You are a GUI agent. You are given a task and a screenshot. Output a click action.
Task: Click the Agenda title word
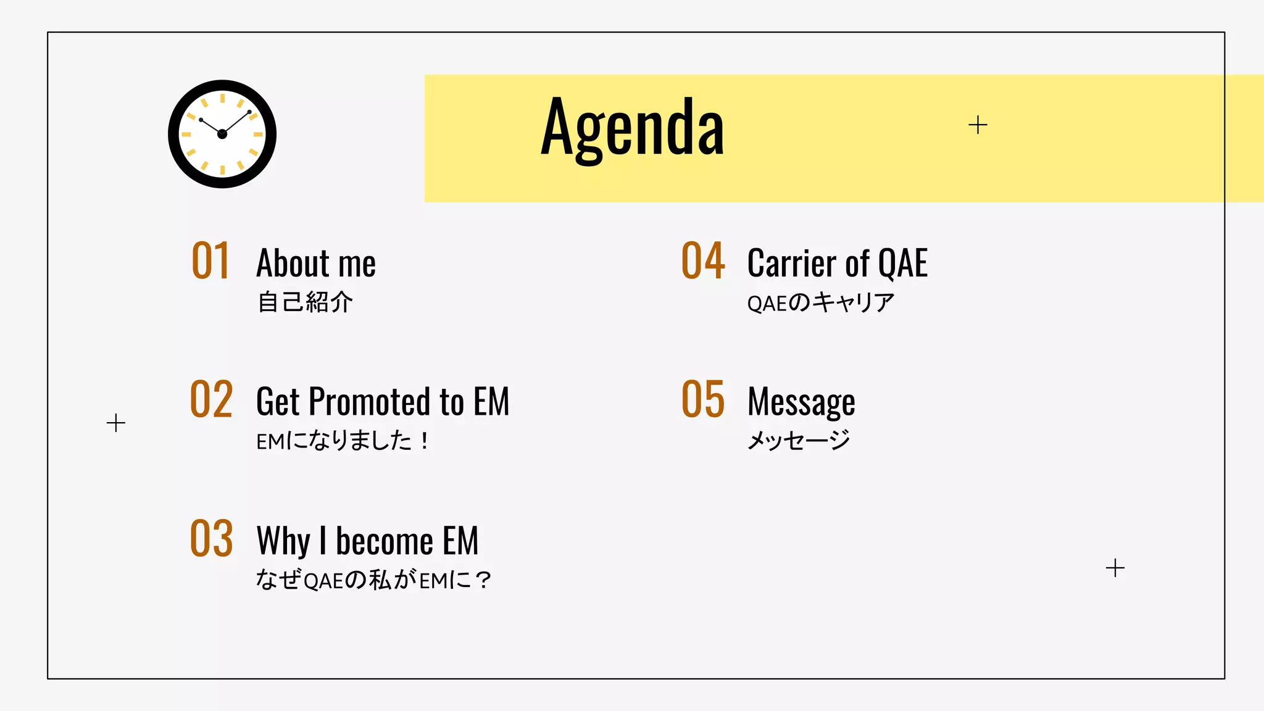pos(632,128)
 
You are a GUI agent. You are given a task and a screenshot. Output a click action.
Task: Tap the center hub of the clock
pos(222,134)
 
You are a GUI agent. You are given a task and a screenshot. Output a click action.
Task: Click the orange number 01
pos(210,262)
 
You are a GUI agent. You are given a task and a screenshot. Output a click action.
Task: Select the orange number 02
pos(211,400)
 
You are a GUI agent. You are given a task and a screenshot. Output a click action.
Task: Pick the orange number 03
pos(211,539)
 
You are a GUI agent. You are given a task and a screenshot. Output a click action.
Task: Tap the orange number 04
pos(702,262)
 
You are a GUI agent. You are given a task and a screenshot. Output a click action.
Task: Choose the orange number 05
pos(702,400)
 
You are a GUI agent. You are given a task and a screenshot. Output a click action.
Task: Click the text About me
pos(316,264)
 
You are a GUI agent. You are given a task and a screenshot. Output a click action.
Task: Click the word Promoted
pos(369,402)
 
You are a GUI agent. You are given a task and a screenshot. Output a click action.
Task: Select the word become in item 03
pos(384,541)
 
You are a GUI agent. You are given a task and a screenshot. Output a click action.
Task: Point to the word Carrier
pos(792,264)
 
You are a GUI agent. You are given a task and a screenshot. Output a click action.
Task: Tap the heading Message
pos(801,403)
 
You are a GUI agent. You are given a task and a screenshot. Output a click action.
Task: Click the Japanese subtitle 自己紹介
pos(305,302)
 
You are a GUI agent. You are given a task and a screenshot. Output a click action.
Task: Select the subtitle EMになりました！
pos(343,441)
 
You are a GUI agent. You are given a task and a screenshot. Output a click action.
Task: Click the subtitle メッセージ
pos(799,441)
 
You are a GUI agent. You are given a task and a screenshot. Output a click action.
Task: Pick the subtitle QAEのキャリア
pos(820,302)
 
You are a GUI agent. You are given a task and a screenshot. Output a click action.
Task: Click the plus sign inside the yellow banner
pos(978,125)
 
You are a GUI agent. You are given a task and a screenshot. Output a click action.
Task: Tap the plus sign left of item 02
pos(115,423)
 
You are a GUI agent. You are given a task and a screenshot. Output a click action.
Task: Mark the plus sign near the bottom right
pos(1115,568)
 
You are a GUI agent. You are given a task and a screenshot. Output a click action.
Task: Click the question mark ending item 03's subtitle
pos(484,580)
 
